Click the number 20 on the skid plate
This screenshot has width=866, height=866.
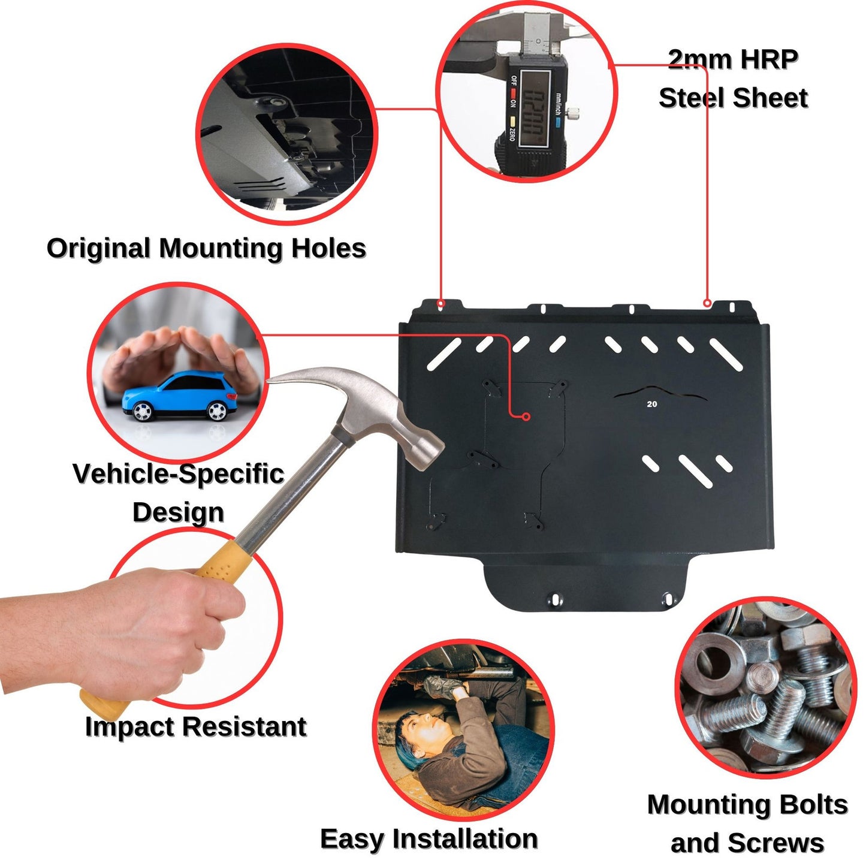tap(652, 404)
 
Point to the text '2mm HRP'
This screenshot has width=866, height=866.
tap(732, 59)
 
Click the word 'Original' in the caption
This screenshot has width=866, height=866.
tap(98, 248)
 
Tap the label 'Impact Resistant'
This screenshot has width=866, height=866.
tap(195, 726)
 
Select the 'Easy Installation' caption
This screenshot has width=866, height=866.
tap(429, 838)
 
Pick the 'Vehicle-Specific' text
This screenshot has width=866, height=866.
tap(178, 473)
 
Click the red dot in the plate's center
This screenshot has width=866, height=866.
tap(526, 417)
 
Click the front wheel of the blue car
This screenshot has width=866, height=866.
tap(142, 411)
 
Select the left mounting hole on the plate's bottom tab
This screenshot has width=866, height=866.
tap(555, 599)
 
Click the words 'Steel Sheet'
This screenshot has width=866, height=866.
tap(733, 98)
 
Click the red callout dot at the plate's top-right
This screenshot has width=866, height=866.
tap(707, 303)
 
